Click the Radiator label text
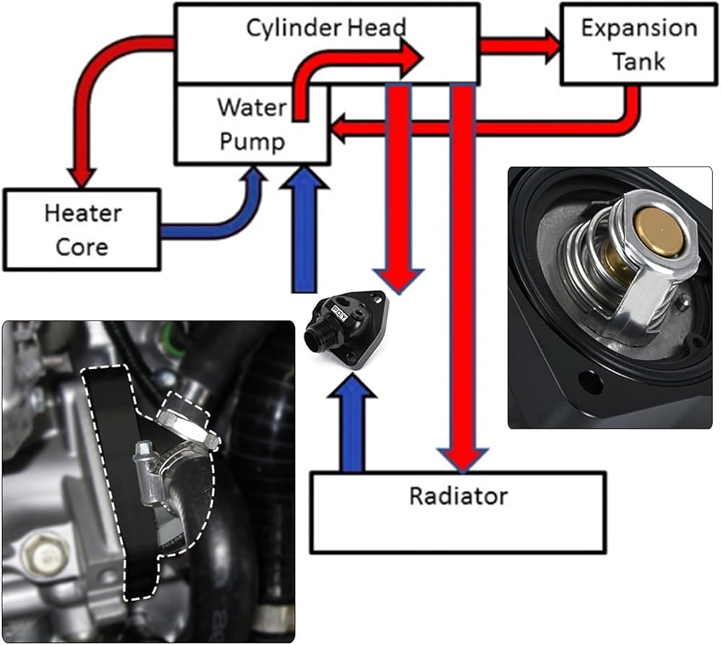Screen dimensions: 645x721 [458, 496]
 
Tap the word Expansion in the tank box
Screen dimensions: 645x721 [639, 28]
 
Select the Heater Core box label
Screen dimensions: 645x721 [81, 229]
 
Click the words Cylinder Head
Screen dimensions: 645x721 [327, 27]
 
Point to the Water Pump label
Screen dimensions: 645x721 [252, 124]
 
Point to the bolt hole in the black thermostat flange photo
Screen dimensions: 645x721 [590, 382]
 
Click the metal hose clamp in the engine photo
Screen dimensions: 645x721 [189, 429]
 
